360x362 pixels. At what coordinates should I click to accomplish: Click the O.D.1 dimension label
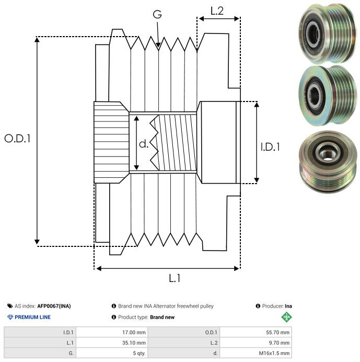[x=18, y=139]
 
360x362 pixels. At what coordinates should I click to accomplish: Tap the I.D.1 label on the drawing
[x=270, y=148]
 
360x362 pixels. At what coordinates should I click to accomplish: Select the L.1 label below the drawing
[x=175, y=278]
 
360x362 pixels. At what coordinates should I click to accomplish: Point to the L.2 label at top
[x=217, y=10]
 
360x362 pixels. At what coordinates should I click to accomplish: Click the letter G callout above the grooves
[x=157, y=14]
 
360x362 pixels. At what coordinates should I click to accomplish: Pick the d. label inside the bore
[x=144, y=144]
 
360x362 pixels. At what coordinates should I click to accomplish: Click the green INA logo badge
[x=287, y=317]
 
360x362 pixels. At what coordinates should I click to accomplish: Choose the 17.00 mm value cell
[x=112, y=332]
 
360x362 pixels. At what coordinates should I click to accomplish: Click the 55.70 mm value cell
[x=256, y=332]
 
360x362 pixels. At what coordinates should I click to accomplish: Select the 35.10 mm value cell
[x=112, y=343]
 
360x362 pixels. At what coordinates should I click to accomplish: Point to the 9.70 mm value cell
[x=256, y=343]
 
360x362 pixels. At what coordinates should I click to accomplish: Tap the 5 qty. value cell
[x=112, y=353]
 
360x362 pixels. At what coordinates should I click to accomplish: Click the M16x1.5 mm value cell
[x=256, y=353]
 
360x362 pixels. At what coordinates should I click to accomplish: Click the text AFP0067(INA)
[x=54, y=306]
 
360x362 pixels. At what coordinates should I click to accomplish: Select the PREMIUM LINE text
[x=32, y=317]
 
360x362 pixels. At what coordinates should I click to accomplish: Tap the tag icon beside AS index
[x=10, y=306]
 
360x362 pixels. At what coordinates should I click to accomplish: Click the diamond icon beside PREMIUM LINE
[x=10, y=317]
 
